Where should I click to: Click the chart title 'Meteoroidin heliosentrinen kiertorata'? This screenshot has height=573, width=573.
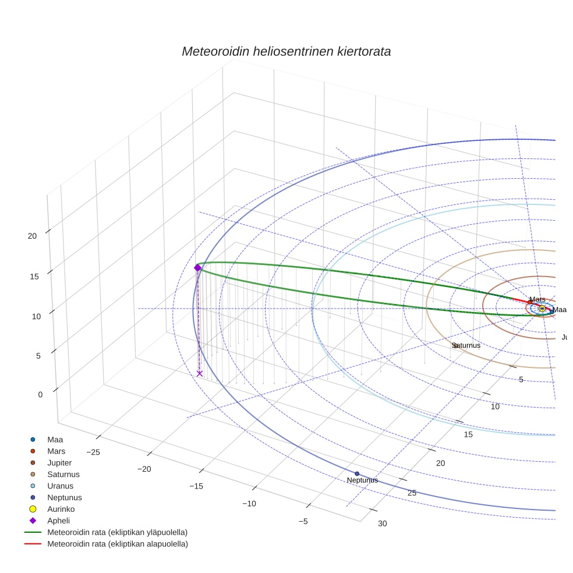pyautogui.click(x=286, y=51)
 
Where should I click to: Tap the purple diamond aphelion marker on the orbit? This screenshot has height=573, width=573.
pyautogui.click(x=197, y=268)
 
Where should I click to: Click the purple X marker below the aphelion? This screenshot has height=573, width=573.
pyautogui.click(x=200, y=374)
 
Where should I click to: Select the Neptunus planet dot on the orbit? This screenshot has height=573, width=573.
pyautogui.click(x=357, y=473)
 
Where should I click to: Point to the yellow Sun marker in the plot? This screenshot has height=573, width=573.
pyautogui.click(x=542, y=309)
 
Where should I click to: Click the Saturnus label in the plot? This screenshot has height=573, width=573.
pyautogui.click(x=466, y=345)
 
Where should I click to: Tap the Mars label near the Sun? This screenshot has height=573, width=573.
pyautogui.click(x=537, y=299)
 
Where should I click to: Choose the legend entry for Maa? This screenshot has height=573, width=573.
pyautogui.click(x=55, y=440)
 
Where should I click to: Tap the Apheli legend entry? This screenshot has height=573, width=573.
pyautogui.click(x=58, y=521)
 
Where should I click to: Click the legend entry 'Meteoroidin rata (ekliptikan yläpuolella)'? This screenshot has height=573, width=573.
pyautogui.click(x=117, y=532)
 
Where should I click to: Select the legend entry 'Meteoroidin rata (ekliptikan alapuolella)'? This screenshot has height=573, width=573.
pyautogui.click(x=117, y=544)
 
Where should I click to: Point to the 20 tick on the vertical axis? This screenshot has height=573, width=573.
pyautogui.click(x=33, y=236)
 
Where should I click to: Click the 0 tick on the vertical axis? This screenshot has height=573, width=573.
pyautogui.click(x=41, y=395)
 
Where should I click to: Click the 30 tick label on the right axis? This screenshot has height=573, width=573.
pyautogui.click(x=382, y=524)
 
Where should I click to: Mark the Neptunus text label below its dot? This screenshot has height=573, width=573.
pyautogui.click(x=362, y=480)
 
